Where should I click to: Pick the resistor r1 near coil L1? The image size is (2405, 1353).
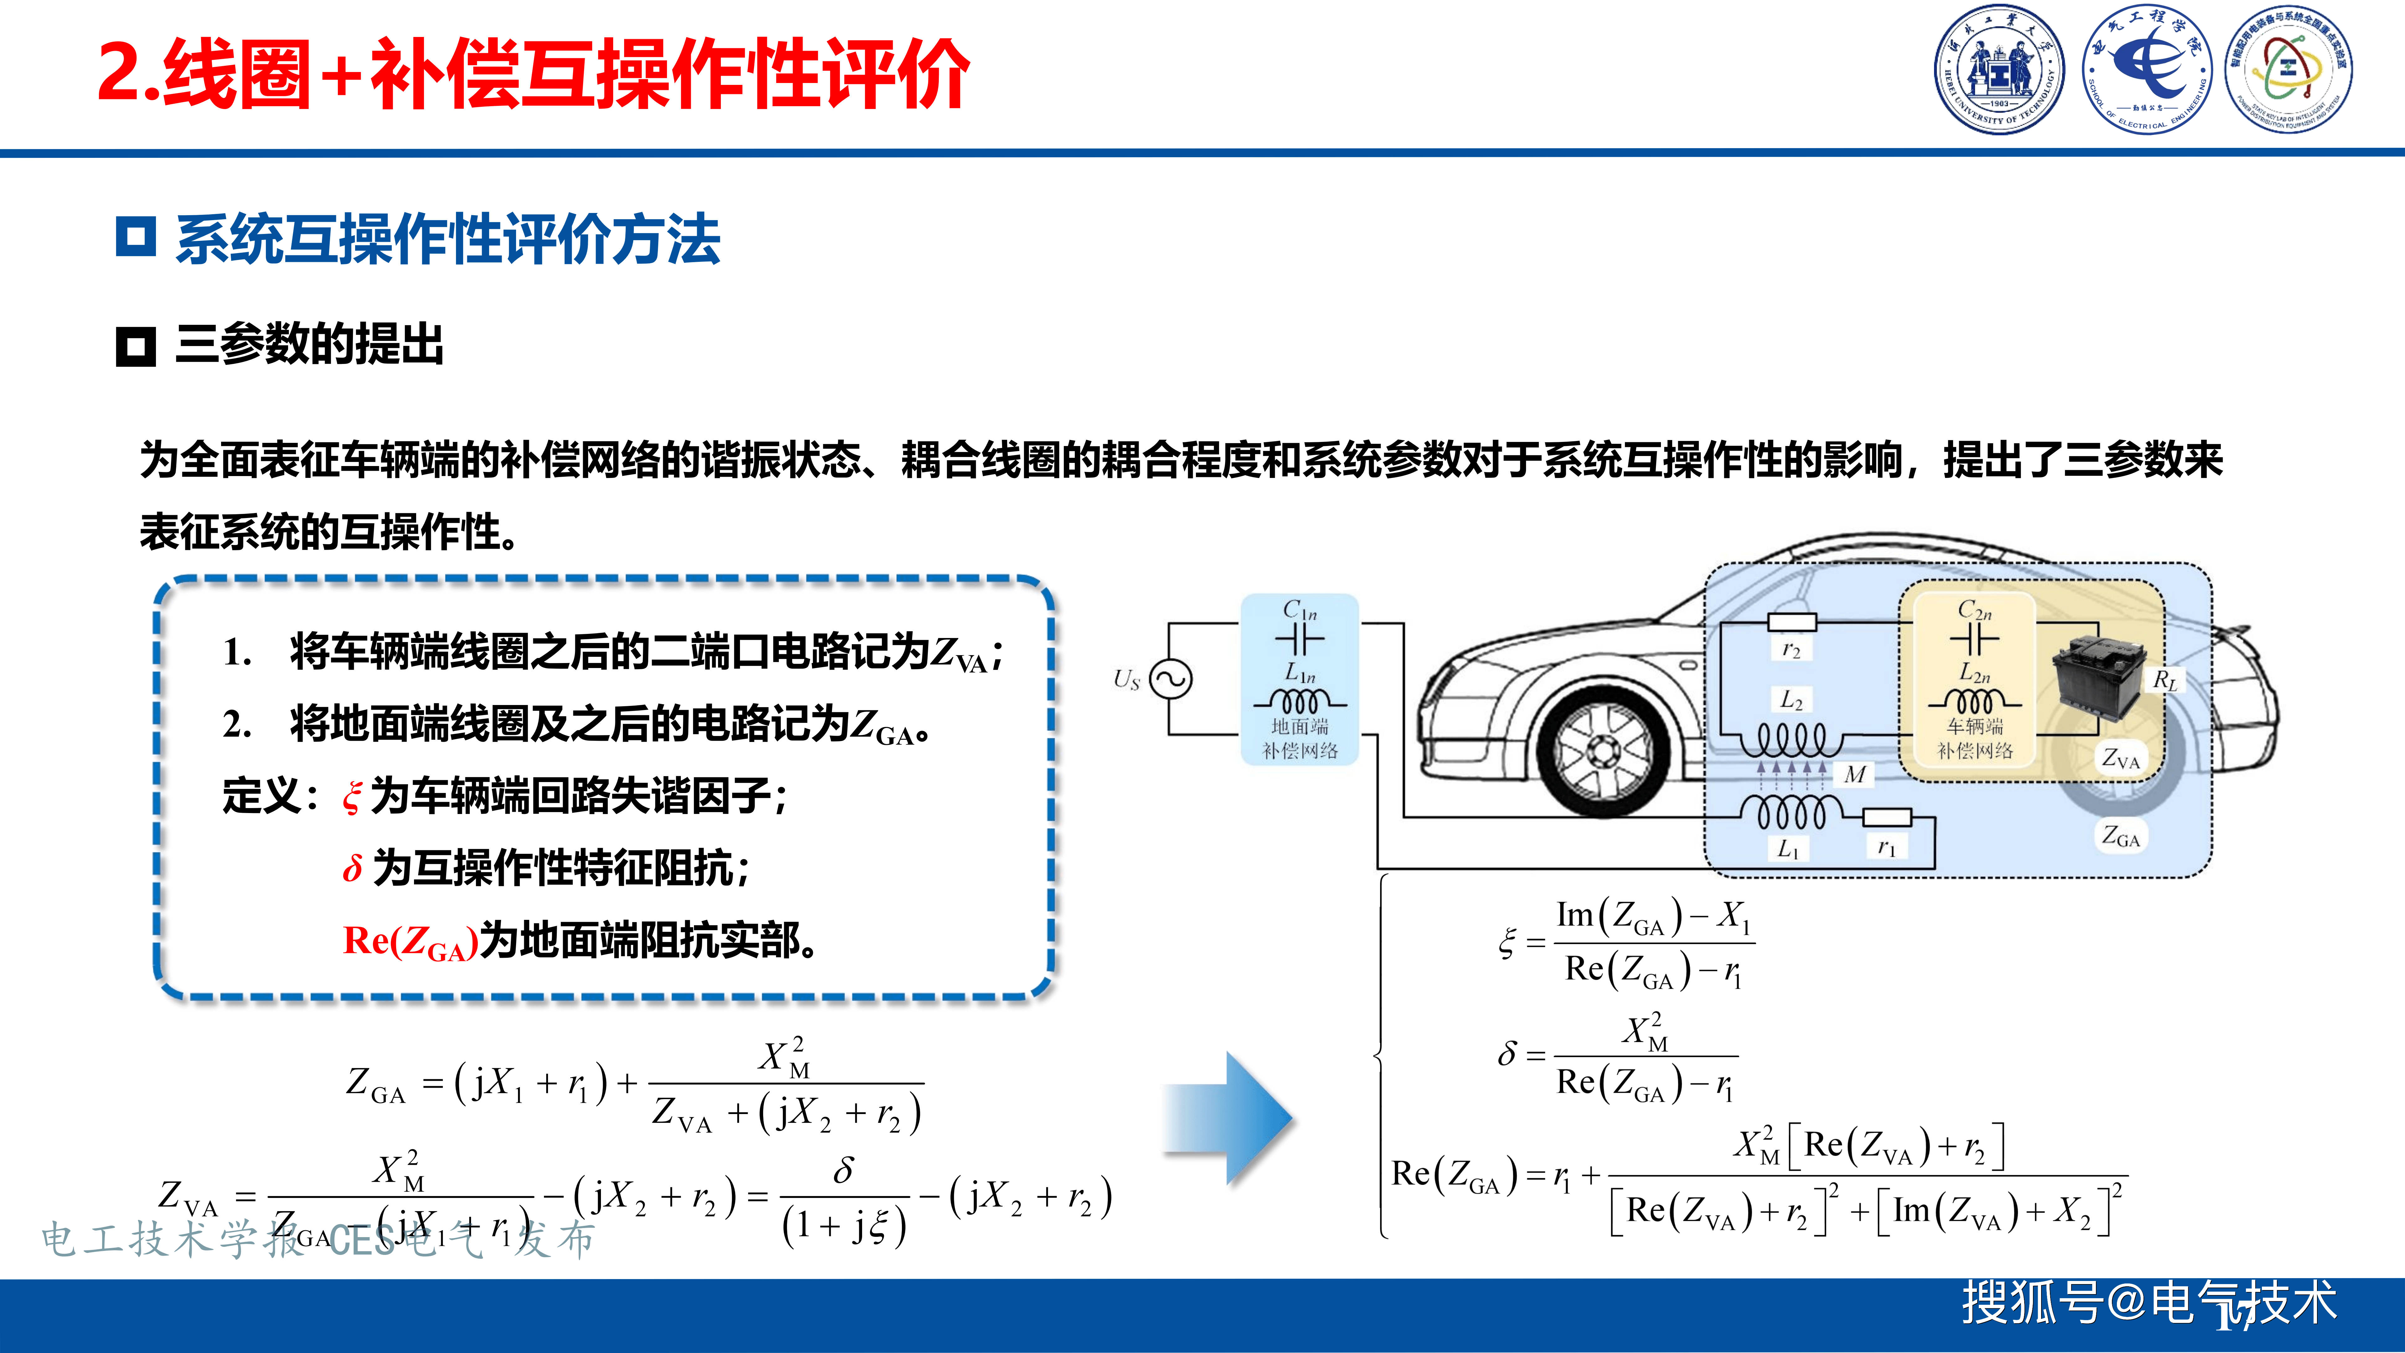click(1887, 819)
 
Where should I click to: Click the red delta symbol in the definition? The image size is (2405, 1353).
click(352, 868)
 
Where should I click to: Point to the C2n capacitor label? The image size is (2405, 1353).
click(1975, 611)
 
